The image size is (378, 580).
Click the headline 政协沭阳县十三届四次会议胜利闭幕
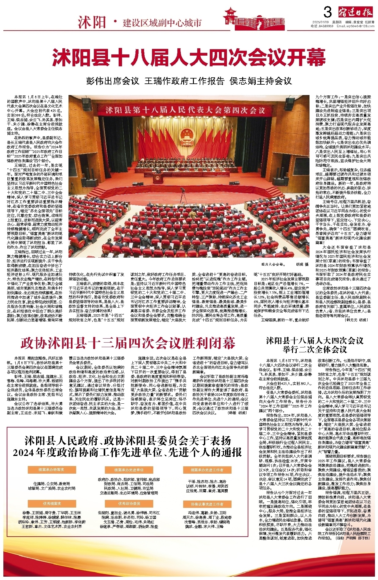pyautogui.click(x=128, y=343)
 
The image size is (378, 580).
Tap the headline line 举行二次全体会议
pyautogui.click(x=315, y=349)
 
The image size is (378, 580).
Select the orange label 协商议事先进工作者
pyautogui.click(x=207, y=504)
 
